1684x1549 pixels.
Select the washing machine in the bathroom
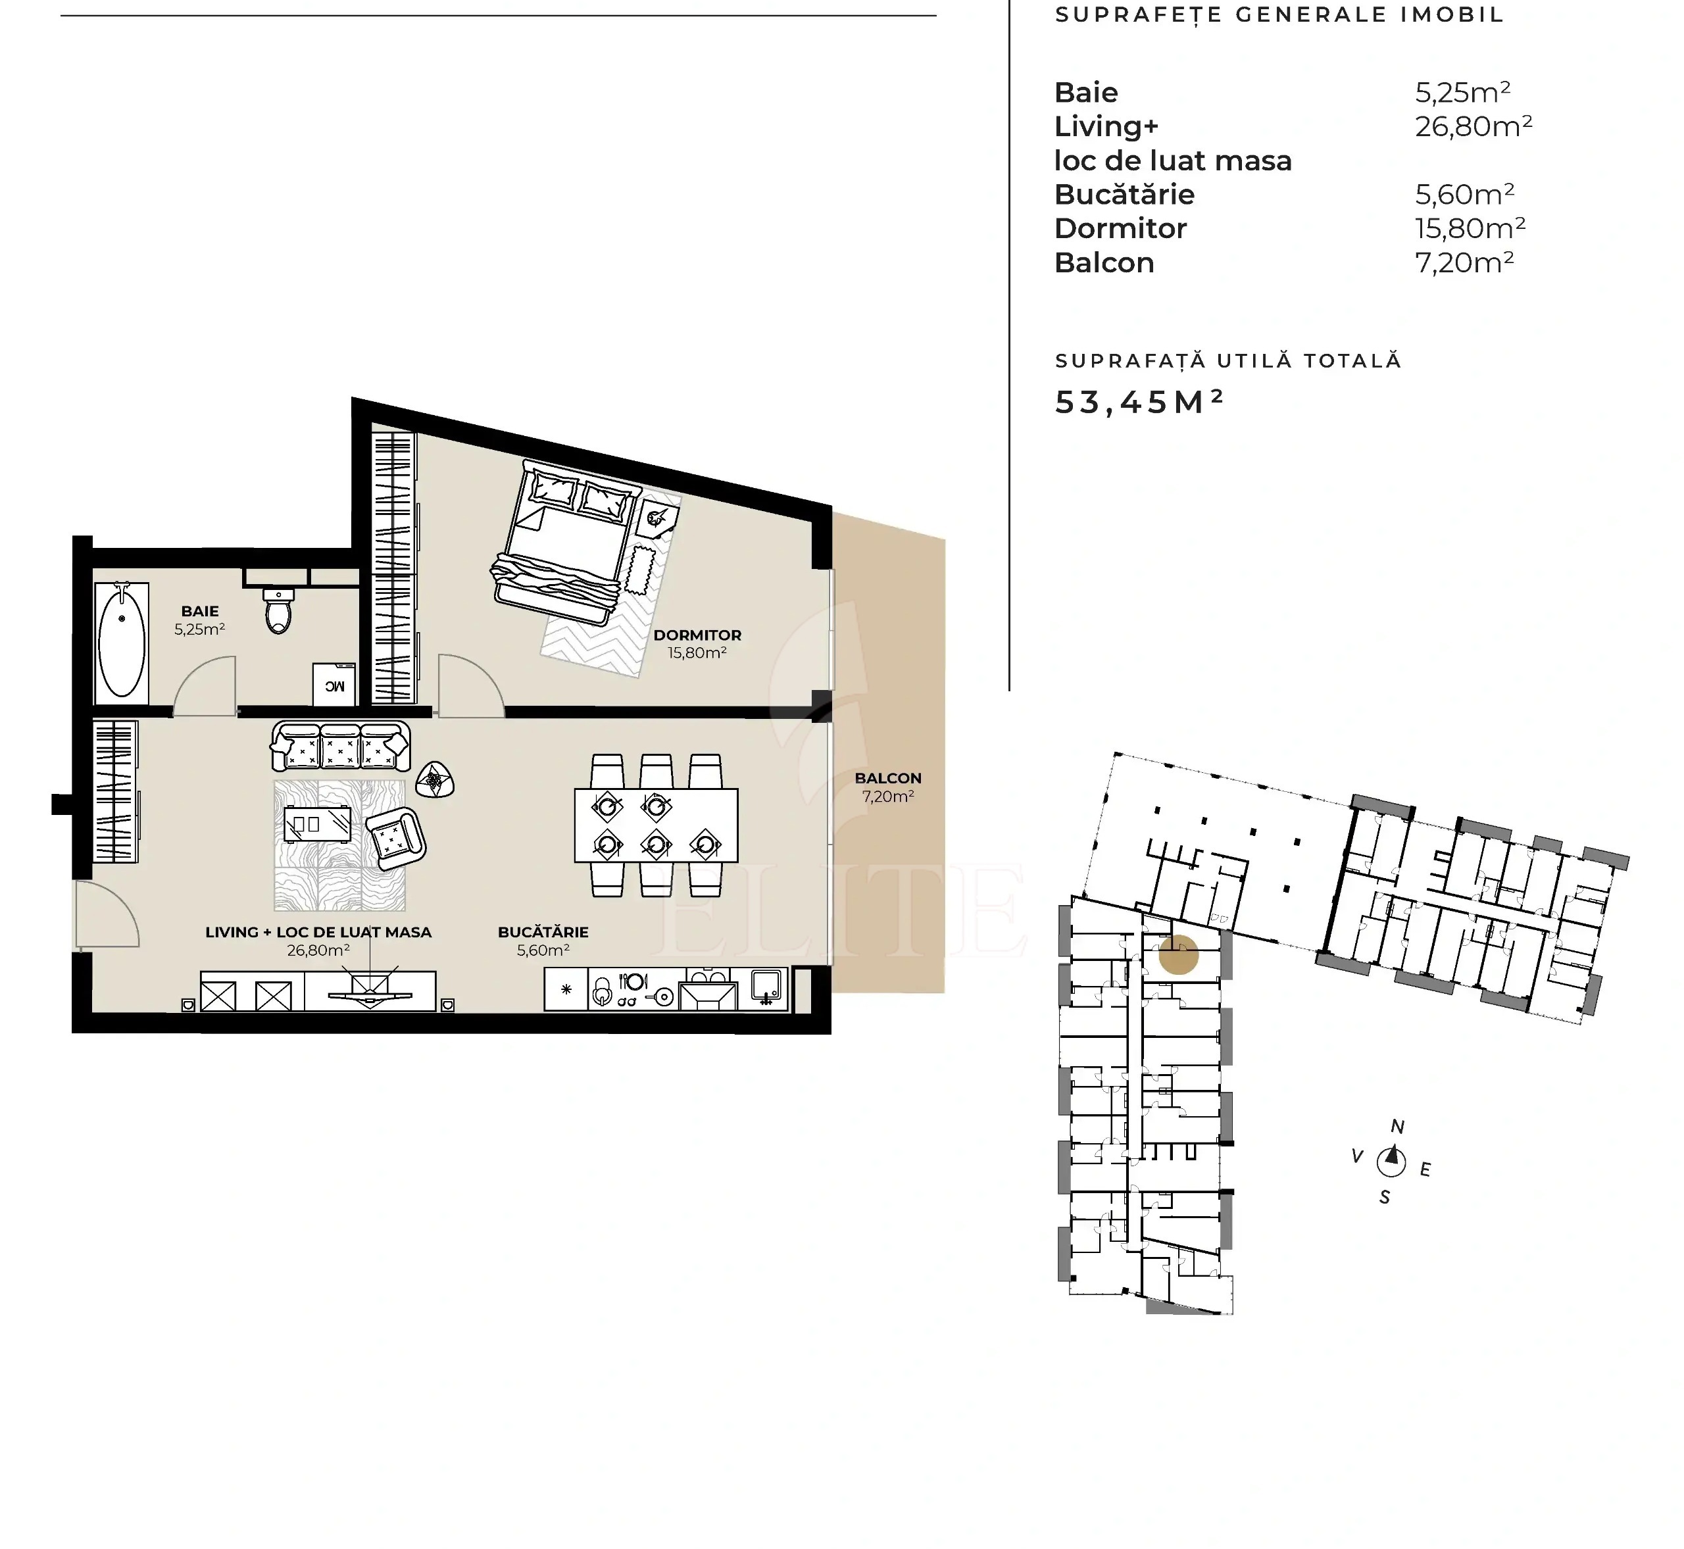click(334, 683)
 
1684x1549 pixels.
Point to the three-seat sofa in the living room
click(340, 746)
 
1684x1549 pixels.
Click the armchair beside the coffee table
click(395, 838)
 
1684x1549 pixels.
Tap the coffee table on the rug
click(318, 824)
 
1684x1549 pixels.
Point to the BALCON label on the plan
click(887, 778)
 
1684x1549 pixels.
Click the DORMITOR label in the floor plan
click(697, 635)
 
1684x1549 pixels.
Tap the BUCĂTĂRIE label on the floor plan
click(543, 932)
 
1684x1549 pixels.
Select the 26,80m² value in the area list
click(1473, 126)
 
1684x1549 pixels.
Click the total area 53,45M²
click(1138, 403)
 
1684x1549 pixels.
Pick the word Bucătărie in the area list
click(1124, 195)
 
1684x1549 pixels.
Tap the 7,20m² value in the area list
click(1464, 263)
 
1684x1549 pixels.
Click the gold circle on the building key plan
click(1179, 954)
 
